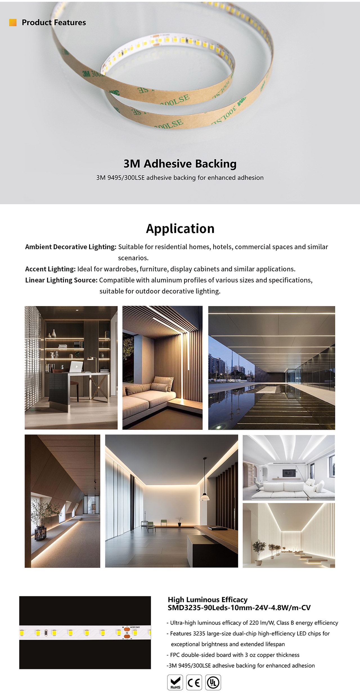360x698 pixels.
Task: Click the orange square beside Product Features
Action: tap(13, 22)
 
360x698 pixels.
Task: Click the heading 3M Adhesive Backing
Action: tap(180, 164)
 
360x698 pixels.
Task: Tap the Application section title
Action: tap(180, 229)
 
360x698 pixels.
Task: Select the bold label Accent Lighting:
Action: tap(50, 269)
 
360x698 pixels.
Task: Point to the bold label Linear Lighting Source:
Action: tap(61, 280)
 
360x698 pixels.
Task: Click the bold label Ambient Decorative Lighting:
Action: tap(71, 247)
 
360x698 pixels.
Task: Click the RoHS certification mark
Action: tap(175, 682)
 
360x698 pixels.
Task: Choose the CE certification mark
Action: tap(194, 682)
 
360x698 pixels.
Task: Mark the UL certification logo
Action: tap(213, 682)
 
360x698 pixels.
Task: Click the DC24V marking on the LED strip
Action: tap(136, 627)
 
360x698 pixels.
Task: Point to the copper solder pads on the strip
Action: tap(127, 633)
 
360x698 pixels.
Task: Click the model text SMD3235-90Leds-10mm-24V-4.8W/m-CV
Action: tap(239, 608)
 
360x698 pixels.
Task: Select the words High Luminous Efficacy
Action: tap(208, 600)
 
